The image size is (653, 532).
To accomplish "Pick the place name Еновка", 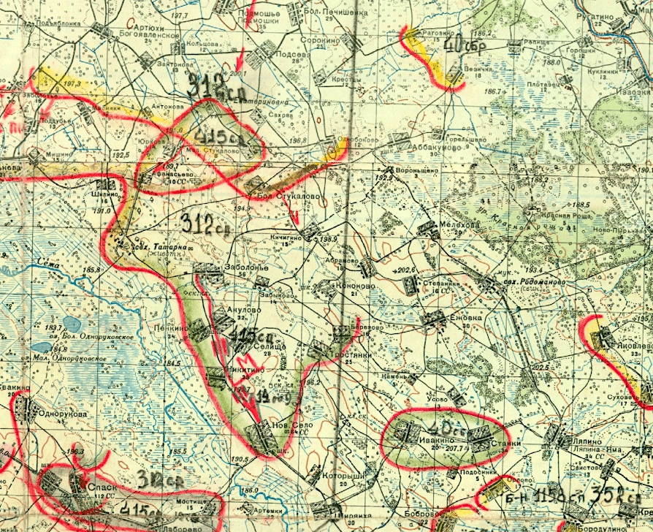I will coord(462,318).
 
